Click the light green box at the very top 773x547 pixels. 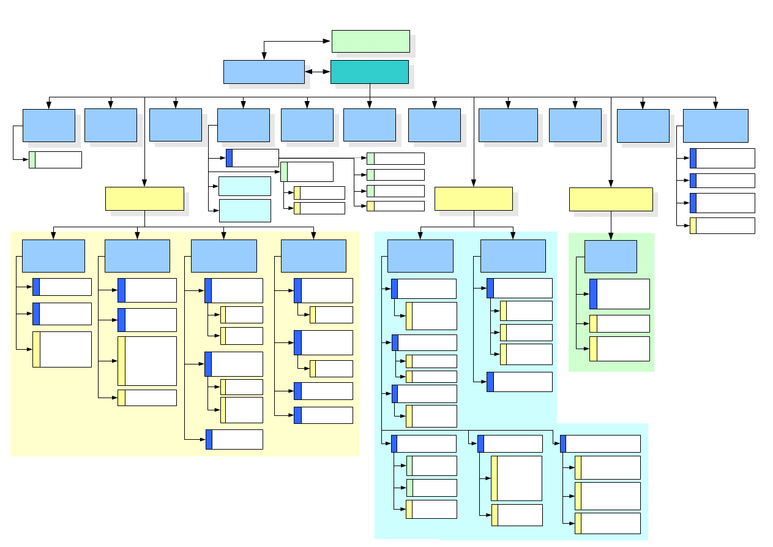[370, 41]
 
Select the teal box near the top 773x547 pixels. [370, 72]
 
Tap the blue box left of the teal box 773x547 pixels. [264, 72]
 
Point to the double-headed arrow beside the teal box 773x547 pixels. [318, 72]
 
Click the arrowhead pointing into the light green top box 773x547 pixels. [328, 42]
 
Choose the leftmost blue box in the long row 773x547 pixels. [49, 126]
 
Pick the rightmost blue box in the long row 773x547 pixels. [715, 126]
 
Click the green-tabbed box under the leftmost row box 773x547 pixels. [55, 160]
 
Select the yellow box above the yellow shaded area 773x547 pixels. [144, 199]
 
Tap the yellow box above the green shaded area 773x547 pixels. [611, 200]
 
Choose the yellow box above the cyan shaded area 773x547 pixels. [474, 199]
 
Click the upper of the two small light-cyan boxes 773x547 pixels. [245, 186]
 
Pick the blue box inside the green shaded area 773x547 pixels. [611, 257]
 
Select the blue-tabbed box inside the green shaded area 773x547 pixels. [619, 294]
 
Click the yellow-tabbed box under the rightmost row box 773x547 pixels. [722, 225]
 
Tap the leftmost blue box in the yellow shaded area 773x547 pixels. [53, 255]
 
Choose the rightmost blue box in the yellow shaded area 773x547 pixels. [313, 255]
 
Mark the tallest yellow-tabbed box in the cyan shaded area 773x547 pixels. [517, 478]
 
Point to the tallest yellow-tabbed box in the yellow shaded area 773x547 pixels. [147, 361]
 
